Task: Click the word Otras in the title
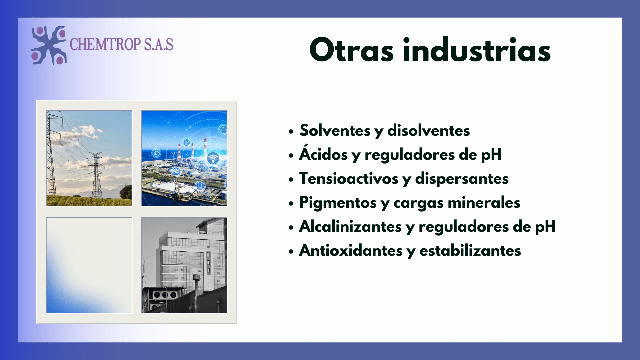pyautogui.click(x=352, y=50)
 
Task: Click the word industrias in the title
pyautogui.click(x=477, y=50)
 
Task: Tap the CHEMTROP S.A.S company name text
pyautogui.click(x=121, y=44)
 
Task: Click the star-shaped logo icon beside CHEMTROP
pyautogui.click(x=49, y=45)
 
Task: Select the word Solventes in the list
pyautogui.click(x=335, y=130)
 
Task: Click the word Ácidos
pyautogui.click(x=323, y=154)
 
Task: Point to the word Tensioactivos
pyautogui.click(x=349, y=178)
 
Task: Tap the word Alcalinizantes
pyautogui.click(x=350, y=226)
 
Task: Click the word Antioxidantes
pyautogui.click(x=351, y=250)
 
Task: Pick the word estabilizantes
pyautogui.click(x=470, y=250)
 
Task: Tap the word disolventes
pyautogui.click(x=429, y=130)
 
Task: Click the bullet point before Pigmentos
pyautogui.click(x=291, y=203)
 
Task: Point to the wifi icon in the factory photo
pyautogui.click(x=213, y=158)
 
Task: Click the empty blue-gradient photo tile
pyautogui.click(x=89, y=266)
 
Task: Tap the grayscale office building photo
pyautogui.click(x=184, y=266)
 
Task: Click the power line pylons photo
pyautogui.click(x=89, y=158)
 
